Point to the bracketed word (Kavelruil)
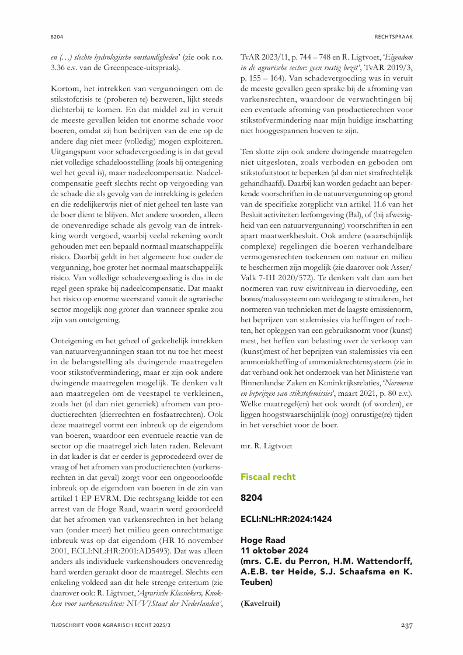click(x=260, y=604)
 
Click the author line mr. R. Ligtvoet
click(x=267, y=445)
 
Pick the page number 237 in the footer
click(x=406, y=626)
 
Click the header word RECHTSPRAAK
click(x=394, y=36)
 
